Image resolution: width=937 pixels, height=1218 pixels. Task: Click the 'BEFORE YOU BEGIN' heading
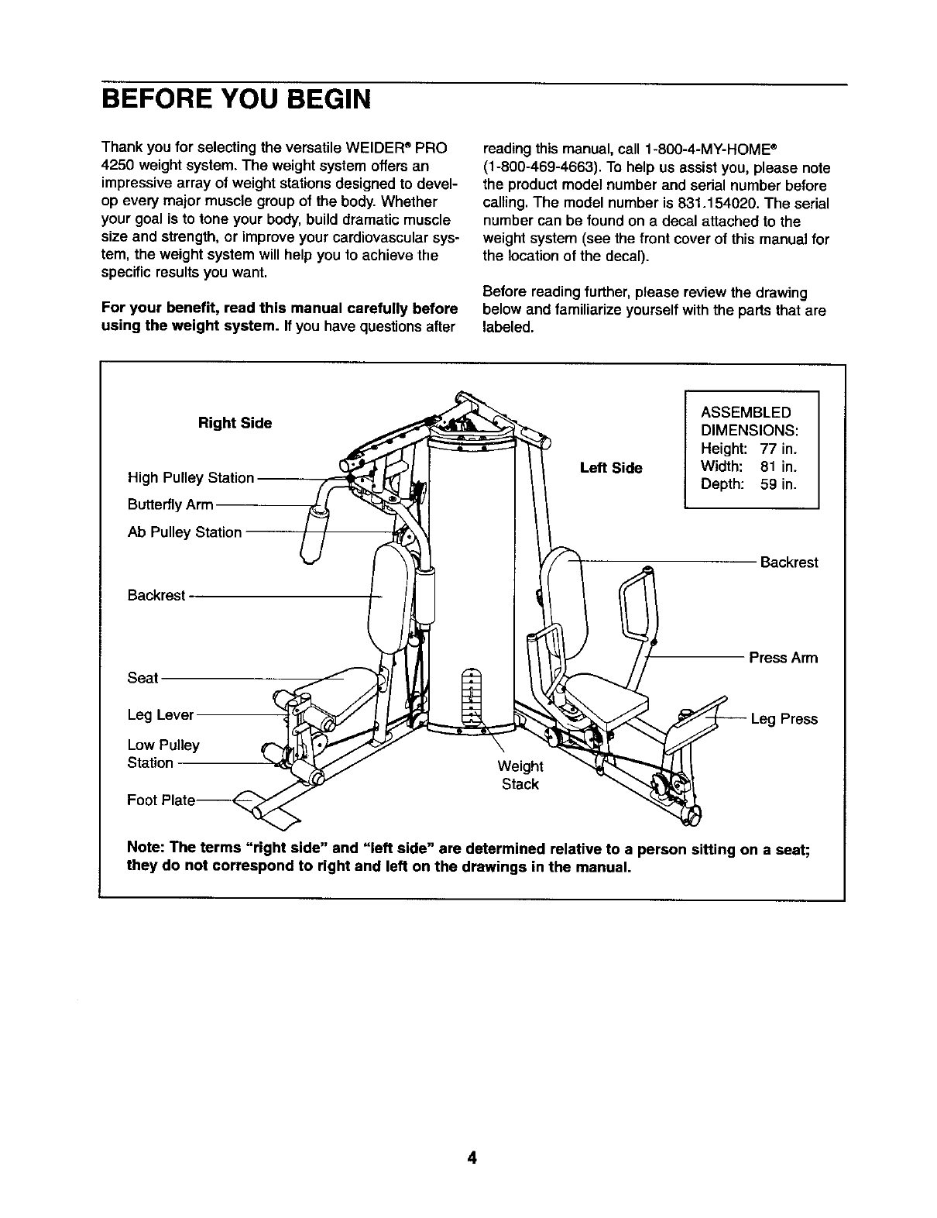(236, 100)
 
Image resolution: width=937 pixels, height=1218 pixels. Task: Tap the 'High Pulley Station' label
(190, 478)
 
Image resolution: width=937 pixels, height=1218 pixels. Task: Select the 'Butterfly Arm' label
(170, 505)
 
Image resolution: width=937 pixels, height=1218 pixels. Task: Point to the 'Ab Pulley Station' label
(184, 532)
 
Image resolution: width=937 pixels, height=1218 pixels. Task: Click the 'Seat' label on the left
(142, 678)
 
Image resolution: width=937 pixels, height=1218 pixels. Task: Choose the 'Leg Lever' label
(160, 715)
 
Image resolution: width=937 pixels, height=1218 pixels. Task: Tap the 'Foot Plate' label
(161, 800)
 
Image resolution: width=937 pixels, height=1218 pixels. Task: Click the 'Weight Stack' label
(520, 775)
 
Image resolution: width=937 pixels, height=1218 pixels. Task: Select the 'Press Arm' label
(783, 659)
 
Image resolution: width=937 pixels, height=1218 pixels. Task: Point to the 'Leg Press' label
(784, 719)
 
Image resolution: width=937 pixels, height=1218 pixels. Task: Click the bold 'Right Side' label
(235, 423)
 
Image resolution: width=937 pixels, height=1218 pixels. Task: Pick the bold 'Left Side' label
(611, 468)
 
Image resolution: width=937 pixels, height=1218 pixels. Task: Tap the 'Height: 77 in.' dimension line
(748, 449)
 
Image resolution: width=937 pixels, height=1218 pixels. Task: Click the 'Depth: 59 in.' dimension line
(747, 485)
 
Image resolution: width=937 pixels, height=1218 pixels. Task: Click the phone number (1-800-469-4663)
(534, 167)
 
